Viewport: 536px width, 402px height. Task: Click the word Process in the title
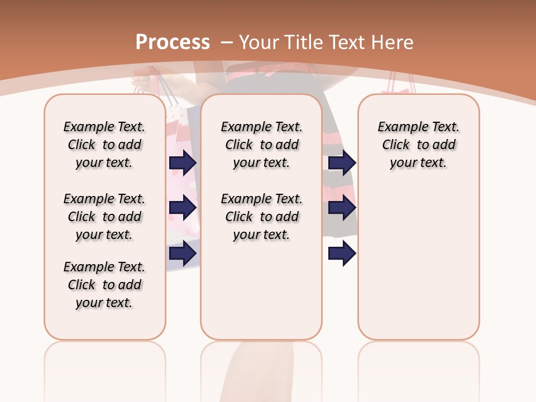coord(173,42)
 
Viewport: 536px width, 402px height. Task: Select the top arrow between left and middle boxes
coord(183,162)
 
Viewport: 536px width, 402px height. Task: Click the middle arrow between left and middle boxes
coord(183,208)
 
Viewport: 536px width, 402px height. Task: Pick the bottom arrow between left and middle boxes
coord(183,253)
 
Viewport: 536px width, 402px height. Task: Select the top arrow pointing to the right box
coord(342,162)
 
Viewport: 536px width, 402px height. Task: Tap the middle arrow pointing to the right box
coord(342,208)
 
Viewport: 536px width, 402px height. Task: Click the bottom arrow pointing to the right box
coord(342,253)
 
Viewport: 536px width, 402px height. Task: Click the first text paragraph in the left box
coord(104,145)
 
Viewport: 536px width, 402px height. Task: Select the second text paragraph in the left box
coord(104,217)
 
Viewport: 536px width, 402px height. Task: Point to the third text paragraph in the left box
coord(104,285)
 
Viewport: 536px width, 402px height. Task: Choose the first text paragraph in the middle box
coord(261,145)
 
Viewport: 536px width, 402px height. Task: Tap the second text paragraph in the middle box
coord(261,217)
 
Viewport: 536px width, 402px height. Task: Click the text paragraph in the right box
coord(419,145)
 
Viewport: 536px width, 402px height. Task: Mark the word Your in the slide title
coord(260,42)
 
